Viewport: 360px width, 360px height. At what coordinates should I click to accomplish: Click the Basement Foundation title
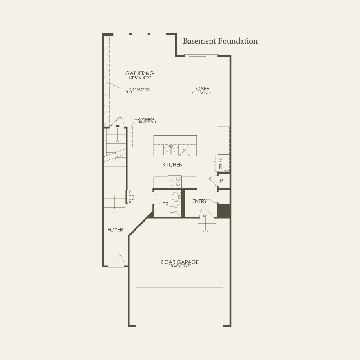coord(220,41)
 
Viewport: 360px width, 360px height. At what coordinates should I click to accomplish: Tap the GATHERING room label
coord(140,73)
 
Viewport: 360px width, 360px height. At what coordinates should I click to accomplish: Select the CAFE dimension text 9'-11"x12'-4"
coord(202,92)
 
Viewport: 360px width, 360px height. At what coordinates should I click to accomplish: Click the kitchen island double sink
coord(171,151)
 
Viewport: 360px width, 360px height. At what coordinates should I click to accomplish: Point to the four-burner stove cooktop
coord(175,181)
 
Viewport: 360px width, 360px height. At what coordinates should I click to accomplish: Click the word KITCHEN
coord(172,165)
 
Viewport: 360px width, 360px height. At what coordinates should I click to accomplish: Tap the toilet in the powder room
coord(174,209)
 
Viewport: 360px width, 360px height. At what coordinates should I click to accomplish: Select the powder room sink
coord(177,197)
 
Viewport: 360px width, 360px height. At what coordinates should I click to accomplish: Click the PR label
coord(165,204)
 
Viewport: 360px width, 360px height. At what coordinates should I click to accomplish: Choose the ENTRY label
coord(199,201)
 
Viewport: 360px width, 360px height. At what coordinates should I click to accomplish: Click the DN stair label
coord(205,216)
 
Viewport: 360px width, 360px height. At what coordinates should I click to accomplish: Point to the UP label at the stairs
coord(114,211)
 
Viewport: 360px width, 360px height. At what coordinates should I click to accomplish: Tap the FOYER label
coord(115,230)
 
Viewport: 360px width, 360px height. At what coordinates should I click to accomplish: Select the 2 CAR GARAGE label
coord(179,262)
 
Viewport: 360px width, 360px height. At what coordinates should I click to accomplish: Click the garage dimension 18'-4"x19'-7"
coord(179,266)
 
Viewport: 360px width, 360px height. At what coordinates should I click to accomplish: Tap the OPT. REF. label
coord(220,163)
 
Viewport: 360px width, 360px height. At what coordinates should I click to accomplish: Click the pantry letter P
coord(222,181)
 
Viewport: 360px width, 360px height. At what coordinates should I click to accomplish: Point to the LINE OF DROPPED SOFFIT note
coord(138,91)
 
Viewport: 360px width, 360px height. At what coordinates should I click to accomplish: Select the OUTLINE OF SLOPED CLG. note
coord(147,121)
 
